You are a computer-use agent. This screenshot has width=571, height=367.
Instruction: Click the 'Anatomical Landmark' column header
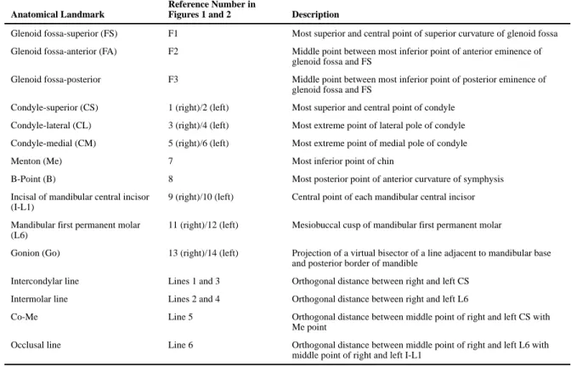click(x=58, y=14)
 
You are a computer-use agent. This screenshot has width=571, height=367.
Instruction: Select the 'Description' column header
click(x=315, y=14)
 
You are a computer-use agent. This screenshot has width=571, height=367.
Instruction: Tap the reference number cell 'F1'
click(x=173, y=33)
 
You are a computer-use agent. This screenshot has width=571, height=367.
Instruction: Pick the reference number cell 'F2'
click(x=173, y=51)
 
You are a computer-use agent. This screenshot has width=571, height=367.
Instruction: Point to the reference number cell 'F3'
click(x=173, y=79)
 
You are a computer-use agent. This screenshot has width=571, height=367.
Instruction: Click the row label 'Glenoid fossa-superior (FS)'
click(x=64, y=33)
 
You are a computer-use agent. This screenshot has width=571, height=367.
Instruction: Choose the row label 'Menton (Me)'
click(x=37, y=161)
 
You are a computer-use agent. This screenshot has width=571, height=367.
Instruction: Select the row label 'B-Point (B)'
click(x=33, y=179)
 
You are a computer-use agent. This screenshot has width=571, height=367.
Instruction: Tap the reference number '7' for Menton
click(x=171, y=161)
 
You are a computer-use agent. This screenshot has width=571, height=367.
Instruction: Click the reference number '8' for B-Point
click(x=171, y=179)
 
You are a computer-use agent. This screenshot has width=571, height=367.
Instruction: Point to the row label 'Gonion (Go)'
click(x=36, y=253)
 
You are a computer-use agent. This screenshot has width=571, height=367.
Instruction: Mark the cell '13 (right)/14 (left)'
click(x=203, y=253)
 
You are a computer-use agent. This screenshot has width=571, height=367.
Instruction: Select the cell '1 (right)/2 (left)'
click(x=199, y=108)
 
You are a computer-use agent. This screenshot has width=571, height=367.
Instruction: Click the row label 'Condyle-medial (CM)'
click(x=54, y=144)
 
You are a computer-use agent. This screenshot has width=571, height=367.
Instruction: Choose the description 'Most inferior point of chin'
click(x=342, y=161)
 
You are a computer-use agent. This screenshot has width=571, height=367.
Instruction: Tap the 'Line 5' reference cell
click(x=180, y=317)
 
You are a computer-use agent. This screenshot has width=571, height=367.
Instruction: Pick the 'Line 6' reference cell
click(x=181, y=345)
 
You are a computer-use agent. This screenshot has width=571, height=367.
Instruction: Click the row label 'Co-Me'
click(x=25, y=317)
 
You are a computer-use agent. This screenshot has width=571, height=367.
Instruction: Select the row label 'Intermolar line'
click(x=39, y=299)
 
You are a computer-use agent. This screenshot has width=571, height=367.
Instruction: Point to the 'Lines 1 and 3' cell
click(x=194, y=281)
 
